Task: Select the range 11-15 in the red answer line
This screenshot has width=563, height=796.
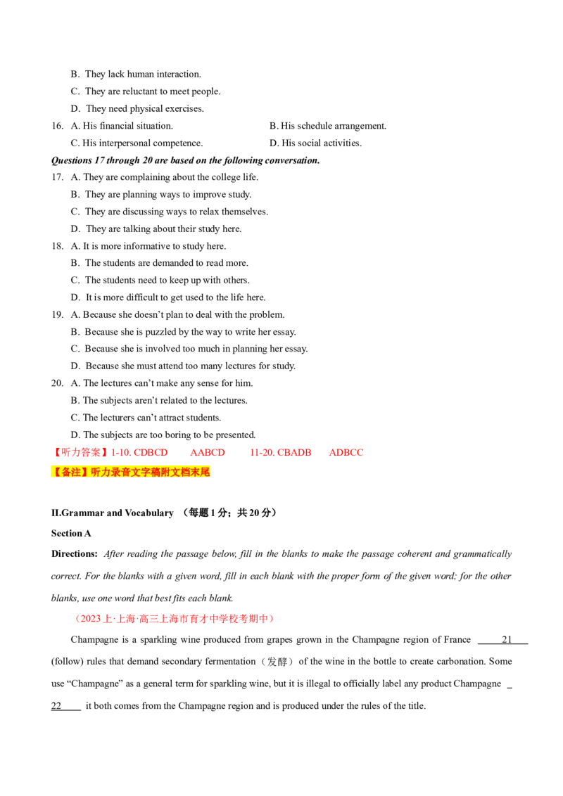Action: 262,453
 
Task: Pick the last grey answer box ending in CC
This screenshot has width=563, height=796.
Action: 346,453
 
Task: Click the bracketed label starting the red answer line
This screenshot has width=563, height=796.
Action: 80,453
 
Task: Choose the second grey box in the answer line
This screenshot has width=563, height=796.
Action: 207,453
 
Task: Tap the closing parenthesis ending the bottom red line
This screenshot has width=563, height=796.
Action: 272,619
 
